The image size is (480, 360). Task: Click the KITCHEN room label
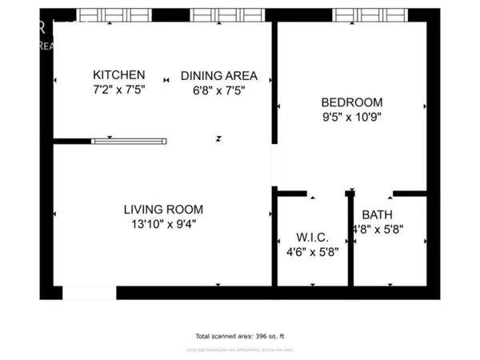(x=118, y=75)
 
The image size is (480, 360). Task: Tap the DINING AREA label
(x=218, y=75)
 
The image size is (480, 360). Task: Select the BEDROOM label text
(x=351, y=102)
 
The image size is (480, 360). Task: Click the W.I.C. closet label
(x=311, y=237)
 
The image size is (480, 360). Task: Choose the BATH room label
(x=377, y=214)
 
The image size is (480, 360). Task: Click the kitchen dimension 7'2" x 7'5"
(x=118, y=90)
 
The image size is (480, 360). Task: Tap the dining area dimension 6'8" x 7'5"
(x=218, y=90)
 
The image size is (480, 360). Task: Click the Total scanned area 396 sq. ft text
(x=239, y=336)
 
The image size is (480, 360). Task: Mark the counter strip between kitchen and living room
(x=130, y=141)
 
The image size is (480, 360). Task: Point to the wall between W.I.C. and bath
(x=350, y=240)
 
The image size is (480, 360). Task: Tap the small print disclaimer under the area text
(x=239, y=349)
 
